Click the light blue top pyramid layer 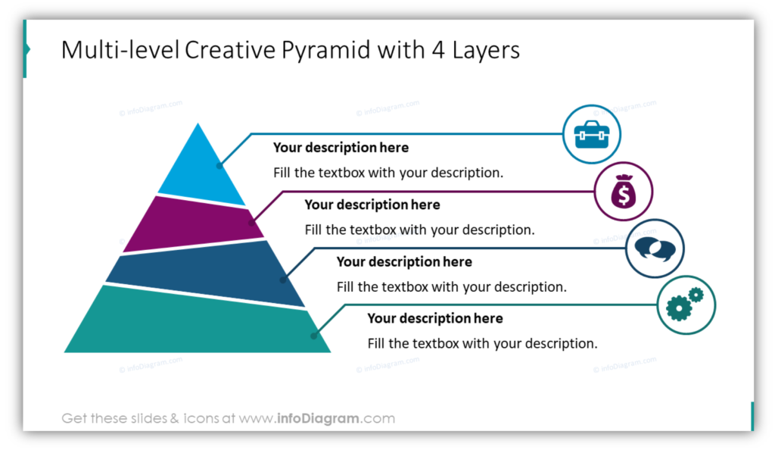(200, 170)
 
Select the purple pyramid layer (193, 225)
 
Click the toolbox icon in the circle (592, 135)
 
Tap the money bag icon (624, 192)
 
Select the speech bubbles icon (655, 248)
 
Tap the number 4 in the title (438, 50)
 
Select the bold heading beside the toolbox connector (341, 148)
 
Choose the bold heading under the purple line (372, 205)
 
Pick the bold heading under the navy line (404, 261)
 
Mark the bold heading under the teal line (435, 318)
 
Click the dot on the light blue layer (219, 166)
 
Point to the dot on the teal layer (313, 336)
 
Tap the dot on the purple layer (251, 223)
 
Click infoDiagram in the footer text (319, 418)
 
